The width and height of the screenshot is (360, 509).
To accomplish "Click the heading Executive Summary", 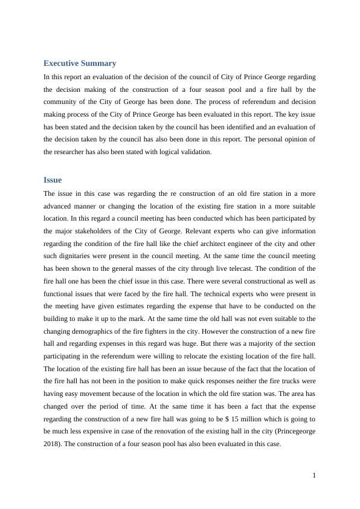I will point(80,63).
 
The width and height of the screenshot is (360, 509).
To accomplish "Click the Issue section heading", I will point(53,180).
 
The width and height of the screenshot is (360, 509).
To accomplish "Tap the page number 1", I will point(314,475).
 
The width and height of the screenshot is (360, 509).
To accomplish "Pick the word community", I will point(62,101).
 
